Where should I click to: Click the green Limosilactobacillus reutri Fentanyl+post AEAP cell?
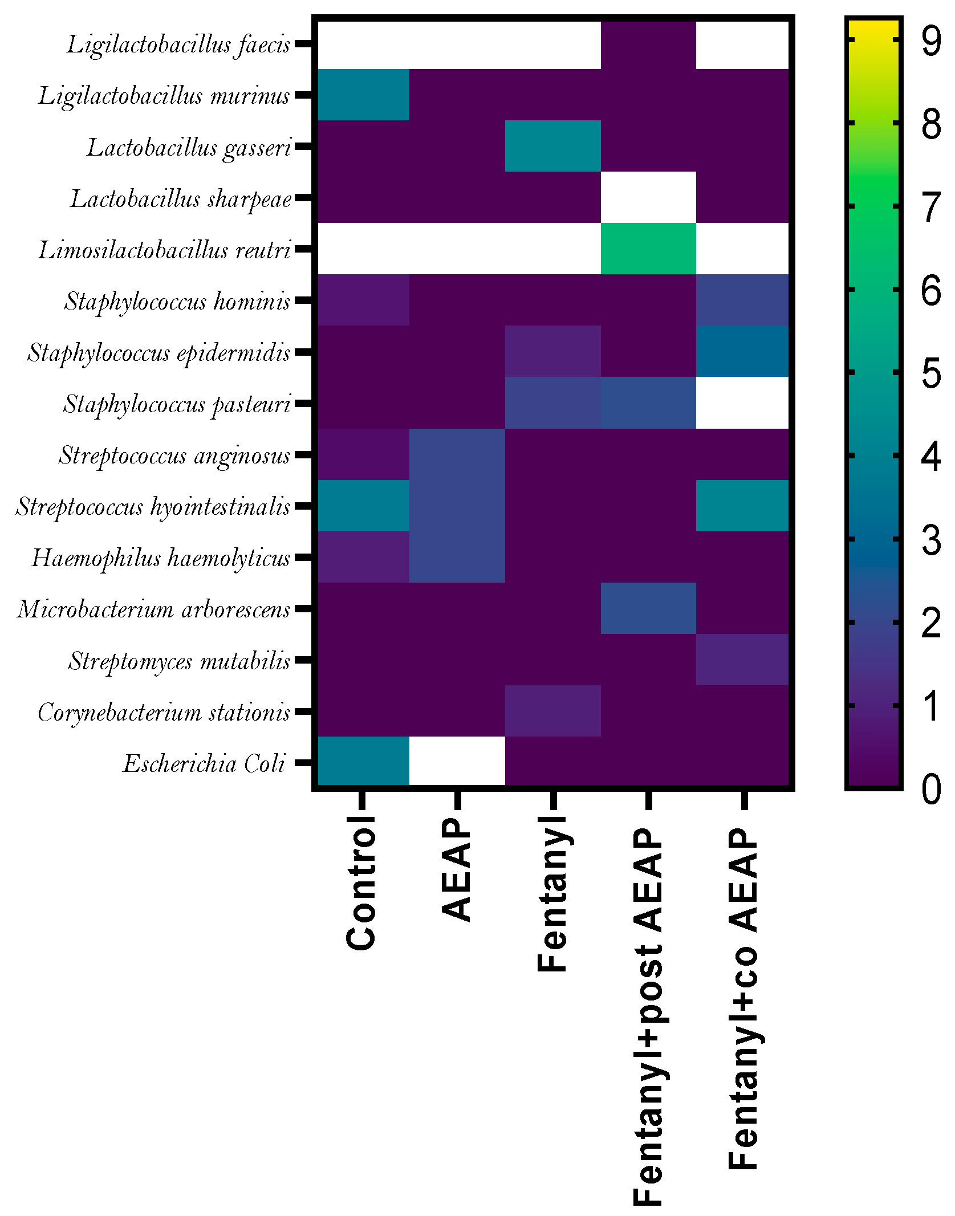point(648,249)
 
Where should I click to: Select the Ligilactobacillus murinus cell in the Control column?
point(363,95)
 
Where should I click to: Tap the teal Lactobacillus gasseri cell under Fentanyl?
point(552,146)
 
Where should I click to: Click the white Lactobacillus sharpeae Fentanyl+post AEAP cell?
point(648,197)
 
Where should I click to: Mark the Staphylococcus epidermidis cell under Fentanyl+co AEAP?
point(743,351)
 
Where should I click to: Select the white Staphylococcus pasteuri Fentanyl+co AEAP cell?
point(743,402)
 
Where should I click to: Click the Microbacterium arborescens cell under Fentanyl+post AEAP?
point(648,608)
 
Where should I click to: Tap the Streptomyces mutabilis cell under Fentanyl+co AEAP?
point(743,659)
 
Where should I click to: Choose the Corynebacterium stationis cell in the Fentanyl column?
point(552,710)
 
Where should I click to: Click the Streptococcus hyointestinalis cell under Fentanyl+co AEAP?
point(743,505)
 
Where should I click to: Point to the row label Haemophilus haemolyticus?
point(161,558)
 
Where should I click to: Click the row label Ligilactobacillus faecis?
point(178,44)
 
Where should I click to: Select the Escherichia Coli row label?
point(204,763)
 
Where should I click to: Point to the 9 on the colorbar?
point(931,41)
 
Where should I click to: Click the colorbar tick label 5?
point(931,373)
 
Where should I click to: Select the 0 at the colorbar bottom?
point(931,789)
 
